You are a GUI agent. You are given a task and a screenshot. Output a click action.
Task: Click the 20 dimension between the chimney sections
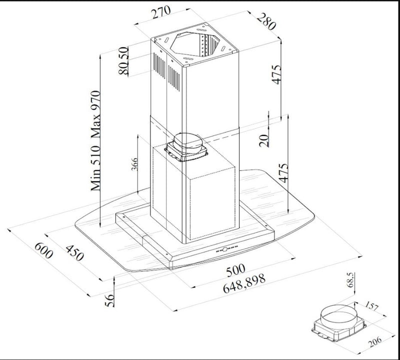click(264, 137)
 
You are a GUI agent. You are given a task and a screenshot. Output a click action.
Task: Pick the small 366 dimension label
click(134, 163)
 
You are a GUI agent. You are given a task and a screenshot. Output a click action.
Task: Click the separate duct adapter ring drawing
click(337, 320)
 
